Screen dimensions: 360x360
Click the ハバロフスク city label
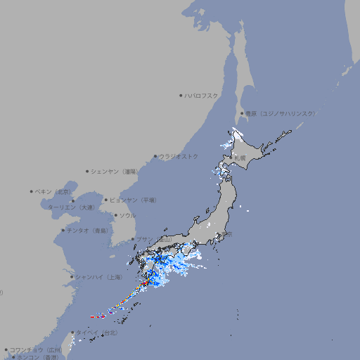click(202, 95)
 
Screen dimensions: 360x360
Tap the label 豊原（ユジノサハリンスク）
click(280, 113)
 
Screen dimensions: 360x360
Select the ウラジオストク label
click(179, 156)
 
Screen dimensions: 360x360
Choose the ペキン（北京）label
click(53, 191)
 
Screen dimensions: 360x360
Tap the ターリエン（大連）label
click(71, 207)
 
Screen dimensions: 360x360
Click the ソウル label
click(127, 215)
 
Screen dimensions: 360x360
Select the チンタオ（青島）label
click(88, 230)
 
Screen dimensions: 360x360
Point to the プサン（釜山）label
click(153, 239)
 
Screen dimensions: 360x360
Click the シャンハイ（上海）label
click(99, 277)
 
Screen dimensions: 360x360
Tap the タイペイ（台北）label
click(98, 332)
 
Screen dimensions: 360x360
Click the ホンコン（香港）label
click(37, 357)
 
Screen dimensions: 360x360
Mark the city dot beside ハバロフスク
click(181, 95)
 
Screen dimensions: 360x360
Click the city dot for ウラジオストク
click(155, 156)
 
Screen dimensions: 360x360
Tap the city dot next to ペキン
click(32, 191)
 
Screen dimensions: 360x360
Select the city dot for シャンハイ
click(72, 277)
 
